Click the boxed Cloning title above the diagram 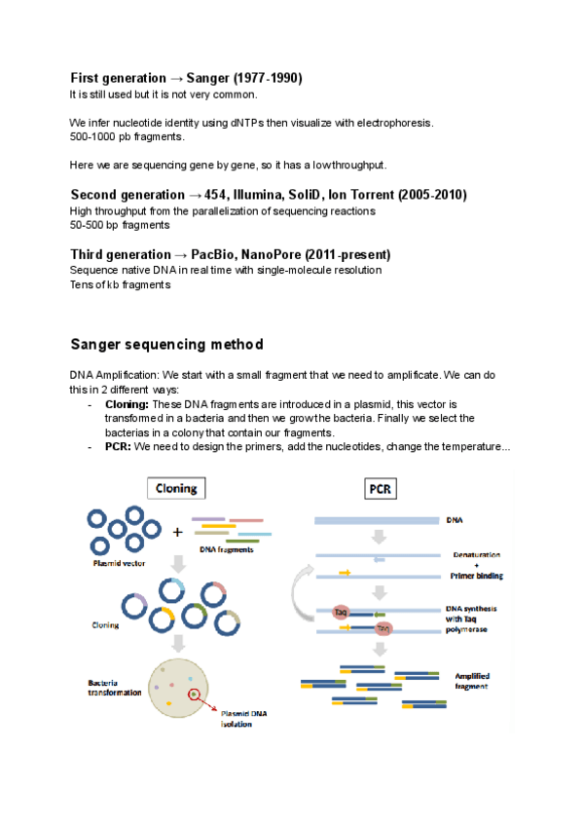(x=176, y=489)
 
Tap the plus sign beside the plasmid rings (x=177, y=533)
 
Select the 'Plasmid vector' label (x=122, y=563)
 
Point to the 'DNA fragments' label (x=227, y=550)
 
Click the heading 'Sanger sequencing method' (x=166, y=345)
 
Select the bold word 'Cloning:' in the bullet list (x=127, y=403)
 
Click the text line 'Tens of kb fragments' (x=120, y=284)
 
